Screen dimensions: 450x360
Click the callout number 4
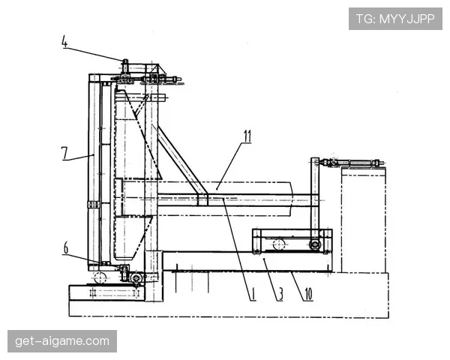(x=64, y=42)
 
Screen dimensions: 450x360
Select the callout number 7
(x=64, y=153)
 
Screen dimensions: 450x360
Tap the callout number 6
(x=66, y=247)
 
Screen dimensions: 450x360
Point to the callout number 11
(x=247, y=136)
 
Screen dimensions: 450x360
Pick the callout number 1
(x=253, y=294)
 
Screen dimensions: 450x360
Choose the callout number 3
(x=280, y=294)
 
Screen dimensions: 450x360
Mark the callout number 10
(x=308, y=294)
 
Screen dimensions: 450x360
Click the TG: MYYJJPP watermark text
(x=395, y=19)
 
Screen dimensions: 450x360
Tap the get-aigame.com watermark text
(x=62, y=341)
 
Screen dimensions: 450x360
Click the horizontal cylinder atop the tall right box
(x=354, y=163)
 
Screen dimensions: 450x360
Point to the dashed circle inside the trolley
(x=278, y=244)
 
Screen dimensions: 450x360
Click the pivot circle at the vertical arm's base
(x=315, y=245)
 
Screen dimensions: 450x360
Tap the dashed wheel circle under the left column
(x=100, y=278)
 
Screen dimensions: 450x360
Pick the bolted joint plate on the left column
(x=93, y=205)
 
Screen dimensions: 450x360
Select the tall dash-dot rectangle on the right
(x=364, y=220)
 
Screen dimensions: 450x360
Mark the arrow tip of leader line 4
(x=123, y=60)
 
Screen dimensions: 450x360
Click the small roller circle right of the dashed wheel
(x=136, y=278)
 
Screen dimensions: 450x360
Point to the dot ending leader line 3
(x=264, y=259)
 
